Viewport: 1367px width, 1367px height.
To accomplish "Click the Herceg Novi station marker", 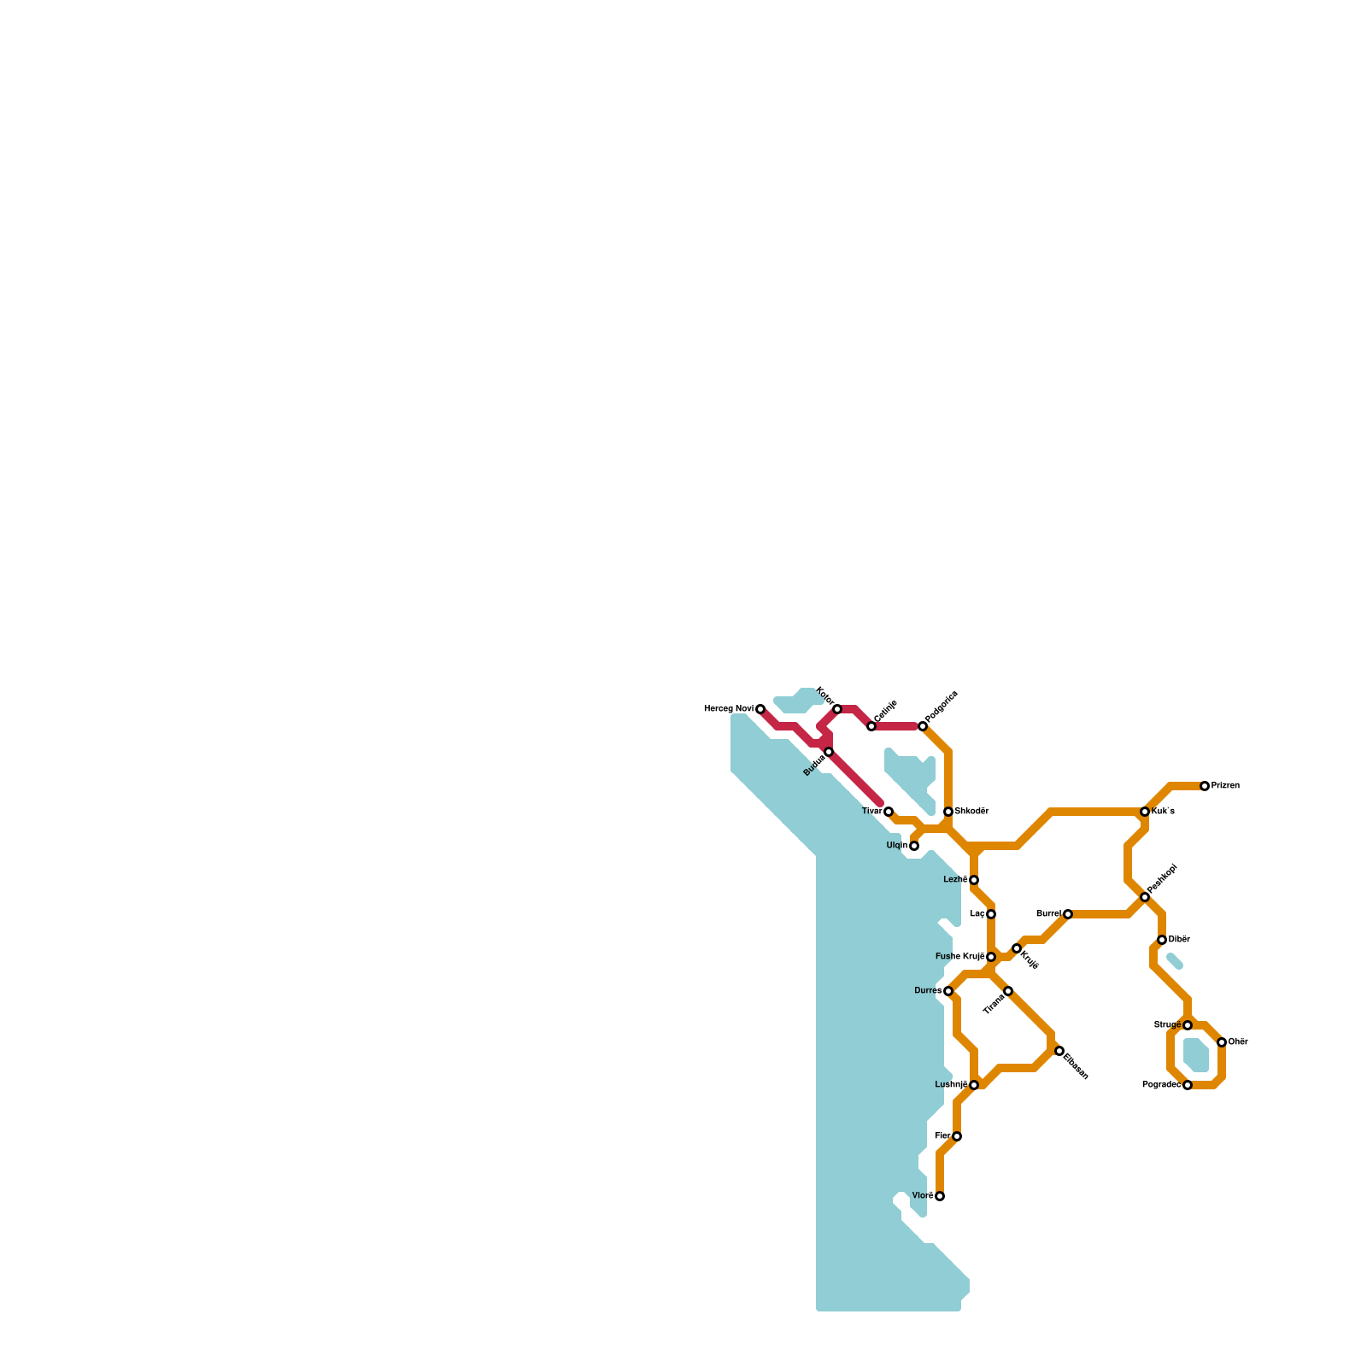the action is pyautogui.click(x=760, y=709).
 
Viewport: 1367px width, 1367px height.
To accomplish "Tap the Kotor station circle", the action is pyautogui.click(x=837, y=709).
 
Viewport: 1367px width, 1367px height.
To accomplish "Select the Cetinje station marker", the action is pyautogui.click(x=871, y=726).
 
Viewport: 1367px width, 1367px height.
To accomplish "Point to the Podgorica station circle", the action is pyautogui.click(x=923, y=726).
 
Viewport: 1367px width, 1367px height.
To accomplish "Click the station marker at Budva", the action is pyautogui.click(x=829, y=752).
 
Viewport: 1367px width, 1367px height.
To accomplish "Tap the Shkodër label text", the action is pyautogui.click(x=971, y=811).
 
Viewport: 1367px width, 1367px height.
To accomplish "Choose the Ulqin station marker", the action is pyautogui.click(x=914, y=846).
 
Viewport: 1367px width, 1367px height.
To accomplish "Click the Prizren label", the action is pyautogui.click(x=1225, y=786).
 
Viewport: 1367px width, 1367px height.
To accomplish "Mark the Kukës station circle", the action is pyautogui.click(x=1145, y=812).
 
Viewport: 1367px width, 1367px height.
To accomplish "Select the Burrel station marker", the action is pyautogui.click(x=1068, y=914).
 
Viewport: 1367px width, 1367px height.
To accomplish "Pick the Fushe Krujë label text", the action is pyautogui.click(x=960, y=957).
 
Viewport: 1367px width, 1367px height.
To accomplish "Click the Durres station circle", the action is pyautogui.click(x=948, y=991).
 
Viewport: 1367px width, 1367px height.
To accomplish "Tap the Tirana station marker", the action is pyautogui.click(x=1008, y=991).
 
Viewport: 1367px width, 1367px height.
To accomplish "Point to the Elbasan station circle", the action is pyautogui.click(x=1059, y=1051).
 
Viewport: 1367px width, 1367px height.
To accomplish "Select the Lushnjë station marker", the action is pyautogui.click(x=974, y=1085).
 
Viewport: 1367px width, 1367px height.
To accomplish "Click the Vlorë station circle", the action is pyautogui.click(x=940, y=1196).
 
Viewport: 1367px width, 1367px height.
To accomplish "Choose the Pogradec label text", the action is pyautogui.click(x=1161, y=1085).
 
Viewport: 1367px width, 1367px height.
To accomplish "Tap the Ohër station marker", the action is pyautogui.click(x=1222, y=1042).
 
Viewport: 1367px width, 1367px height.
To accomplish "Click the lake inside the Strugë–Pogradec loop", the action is pyautogui.click(x=1196, y=1055).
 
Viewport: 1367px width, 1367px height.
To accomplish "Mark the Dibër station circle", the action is pyautogui.click(x=1162, y=940).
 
